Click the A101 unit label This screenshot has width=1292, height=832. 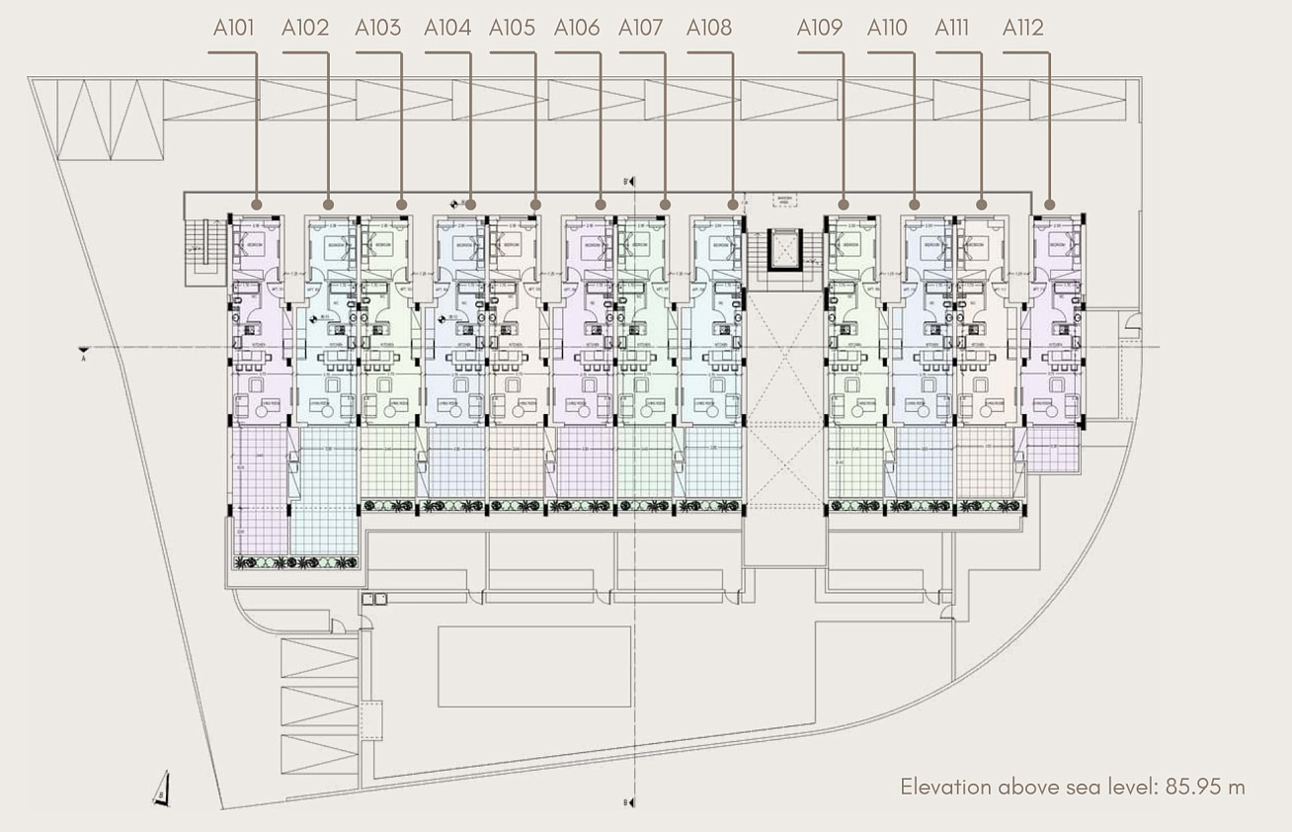pos(233,28)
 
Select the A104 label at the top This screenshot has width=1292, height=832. pos(447,28)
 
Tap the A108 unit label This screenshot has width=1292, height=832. pos(709,28)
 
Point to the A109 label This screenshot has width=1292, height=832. pos(820,28)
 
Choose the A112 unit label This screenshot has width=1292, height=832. pos(1022,28)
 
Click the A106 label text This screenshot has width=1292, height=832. pos(577,28)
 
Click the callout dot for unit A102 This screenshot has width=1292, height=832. pos(329,205)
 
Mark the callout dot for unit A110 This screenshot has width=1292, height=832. pos(915,205)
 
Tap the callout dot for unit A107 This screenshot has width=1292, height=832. pos(666,205)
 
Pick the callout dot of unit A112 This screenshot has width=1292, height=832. pos(1049,205)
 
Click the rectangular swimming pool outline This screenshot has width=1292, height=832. pos(533,666)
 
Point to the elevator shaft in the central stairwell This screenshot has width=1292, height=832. pos(786,249)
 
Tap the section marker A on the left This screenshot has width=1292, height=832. pos(85,353)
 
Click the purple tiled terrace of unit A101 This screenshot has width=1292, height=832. pos(260,489)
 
